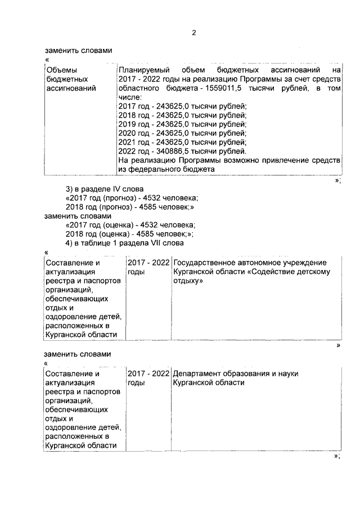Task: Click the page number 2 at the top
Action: tap(193, 32)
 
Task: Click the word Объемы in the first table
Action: tap(59, 70)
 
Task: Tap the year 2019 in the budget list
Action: tap(128, 124)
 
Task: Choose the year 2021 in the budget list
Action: tap(128, 142)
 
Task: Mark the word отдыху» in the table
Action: tap(188, 281)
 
